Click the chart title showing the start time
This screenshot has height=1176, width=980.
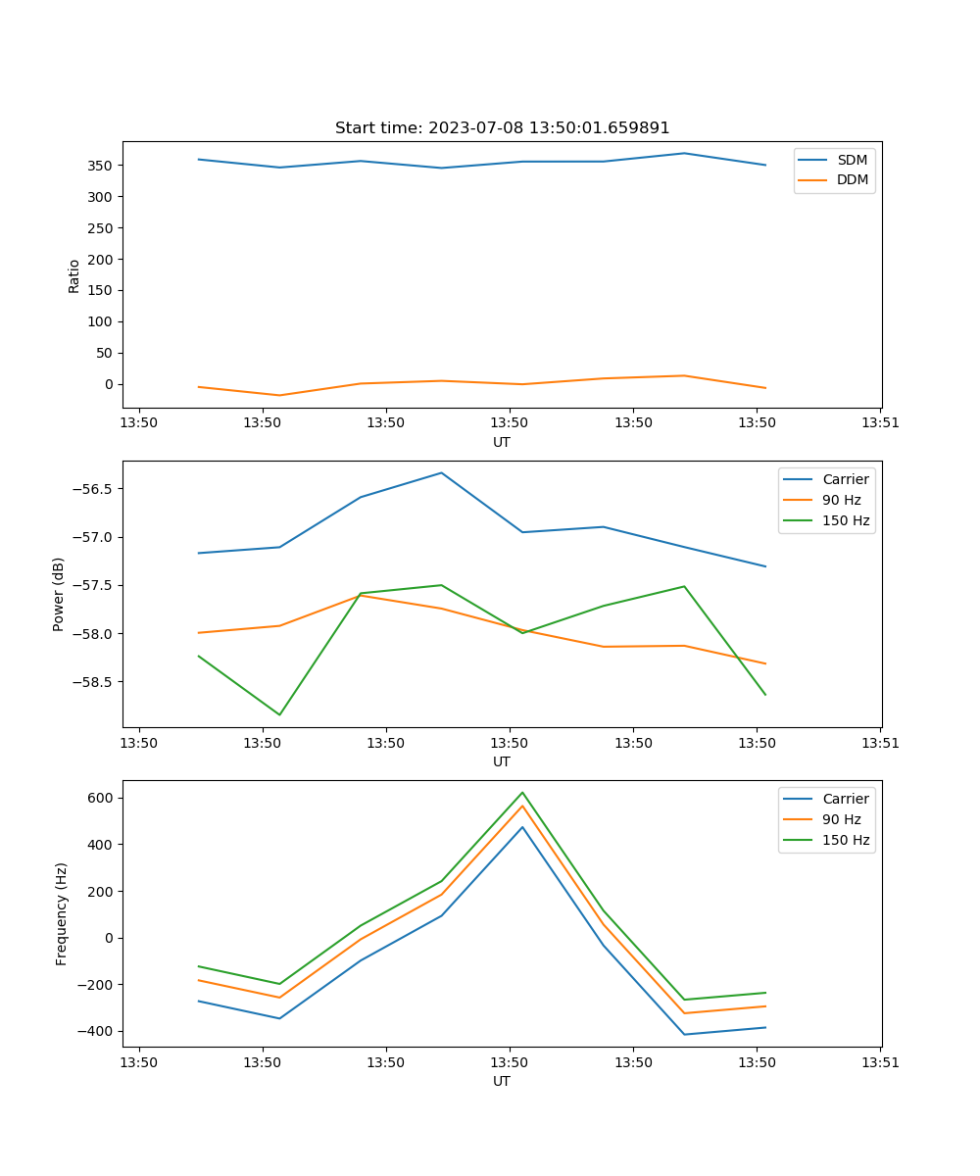pos(502,128)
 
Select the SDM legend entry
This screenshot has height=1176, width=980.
pos(852,160)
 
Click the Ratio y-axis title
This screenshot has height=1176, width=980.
pos(74,275)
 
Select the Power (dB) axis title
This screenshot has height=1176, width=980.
pos(59,594)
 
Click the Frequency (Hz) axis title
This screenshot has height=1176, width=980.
pos(62,913)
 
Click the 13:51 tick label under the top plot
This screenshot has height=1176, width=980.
pos(879,423)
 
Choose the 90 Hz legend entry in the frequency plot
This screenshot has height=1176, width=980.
pos(841,819)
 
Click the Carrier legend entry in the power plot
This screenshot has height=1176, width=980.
pos(845,479)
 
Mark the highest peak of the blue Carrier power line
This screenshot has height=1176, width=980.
pos(441,473)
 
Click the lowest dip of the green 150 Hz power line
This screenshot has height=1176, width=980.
pos(279,714)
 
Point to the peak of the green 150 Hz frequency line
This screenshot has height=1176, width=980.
pos(522,793)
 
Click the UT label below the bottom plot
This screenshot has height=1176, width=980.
pos(502,1081)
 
